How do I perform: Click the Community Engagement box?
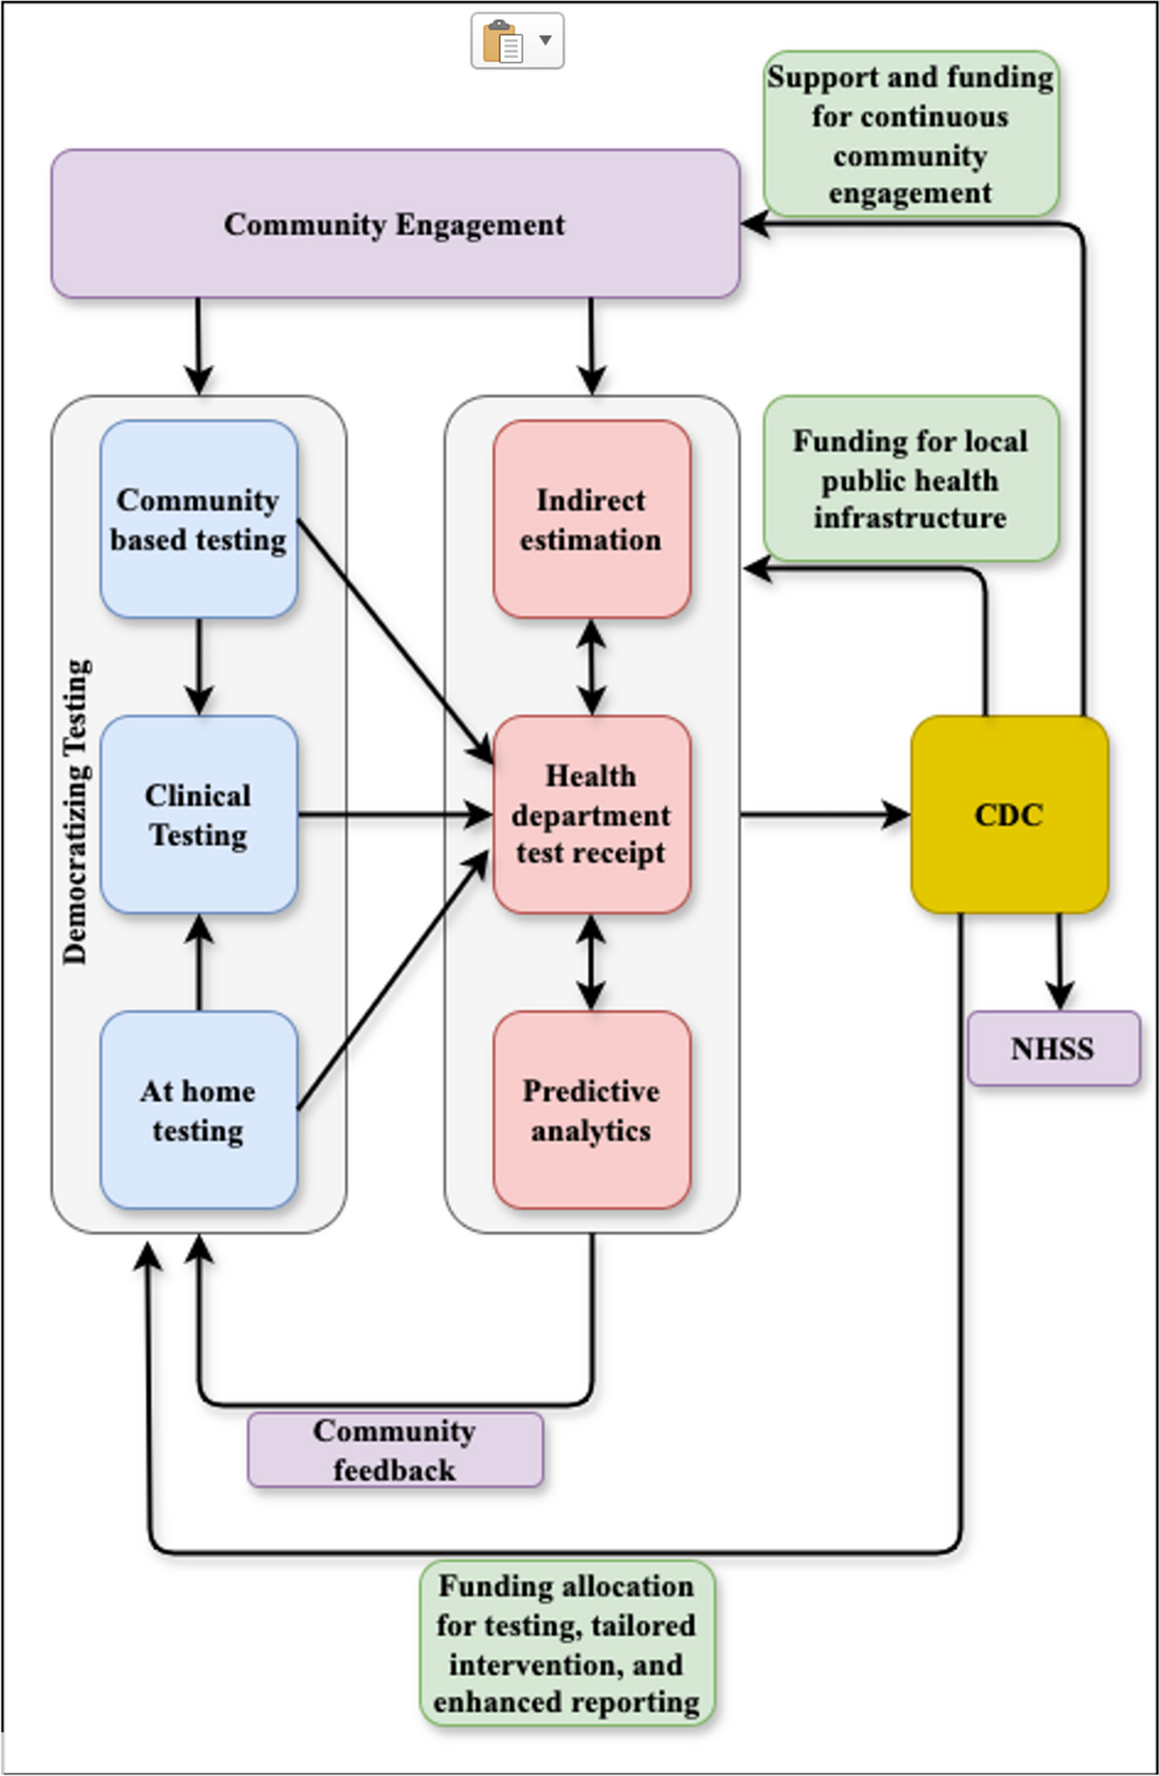tap(395, 223)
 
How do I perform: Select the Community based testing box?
tap(198, 519)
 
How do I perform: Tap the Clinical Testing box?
tap(198, 814)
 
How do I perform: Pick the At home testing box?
tap(198, 1110)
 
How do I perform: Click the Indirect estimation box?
tap(591, 519)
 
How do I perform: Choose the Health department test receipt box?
tap(591, 814)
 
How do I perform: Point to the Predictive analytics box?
tap(591, 1110)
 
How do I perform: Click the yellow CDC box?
tap(1009, 814)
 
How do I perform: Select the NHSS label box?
tap(1054, 1048)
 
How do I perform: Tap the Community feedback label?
tap(395, 1450)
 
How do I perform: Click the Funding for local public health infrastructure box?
tap(911, 479)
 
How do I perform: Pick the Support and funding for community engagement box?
tap(911, 134)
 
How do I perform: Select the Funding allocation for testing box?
tap(567, 1643)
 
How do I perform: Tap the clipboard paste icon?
tap(502, 41)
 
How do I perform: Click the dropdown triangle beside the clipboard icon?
tap(545, 40)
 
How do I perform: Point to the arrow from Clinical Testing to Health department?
tap(393, 815)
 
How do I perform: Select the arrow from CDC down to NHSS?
tap(1059, 960)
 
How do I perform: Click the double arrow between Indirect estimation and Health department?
tap(591, 666)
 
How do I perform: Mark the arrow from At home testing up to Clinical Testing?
tap(198, 962)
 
